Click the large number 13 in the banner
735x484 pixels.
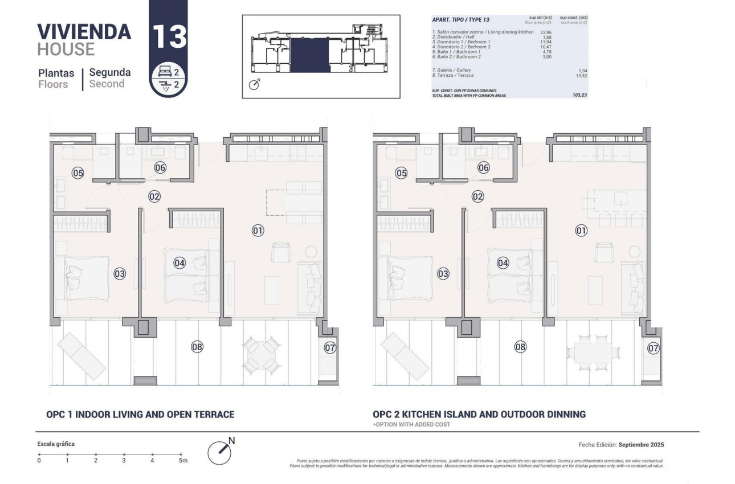[169, 36]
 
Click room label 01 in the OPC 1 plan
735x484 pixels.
[258, 231]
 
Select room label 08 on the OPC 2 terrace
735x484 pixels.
[520, 346]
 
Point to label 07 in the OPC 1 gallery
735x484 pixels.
[330, 347]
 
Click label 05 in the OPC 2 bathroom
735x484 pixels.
[402, 173]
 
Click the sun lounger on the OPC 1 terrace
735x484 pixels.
[81, 356]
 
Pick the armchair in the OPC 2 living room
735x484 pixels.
[605, 252]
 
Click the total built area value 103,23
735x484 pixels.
[579, 95]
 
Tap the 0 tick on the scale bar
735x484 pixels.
[39, 454]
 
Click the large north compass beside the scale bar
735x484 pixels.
[219, 451]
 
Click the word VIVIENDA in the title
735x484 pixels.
[84, 31]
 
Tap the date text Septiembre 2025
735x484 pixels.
[642, 445]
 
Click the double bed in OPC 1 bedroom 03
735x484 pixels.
[81, 278]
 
